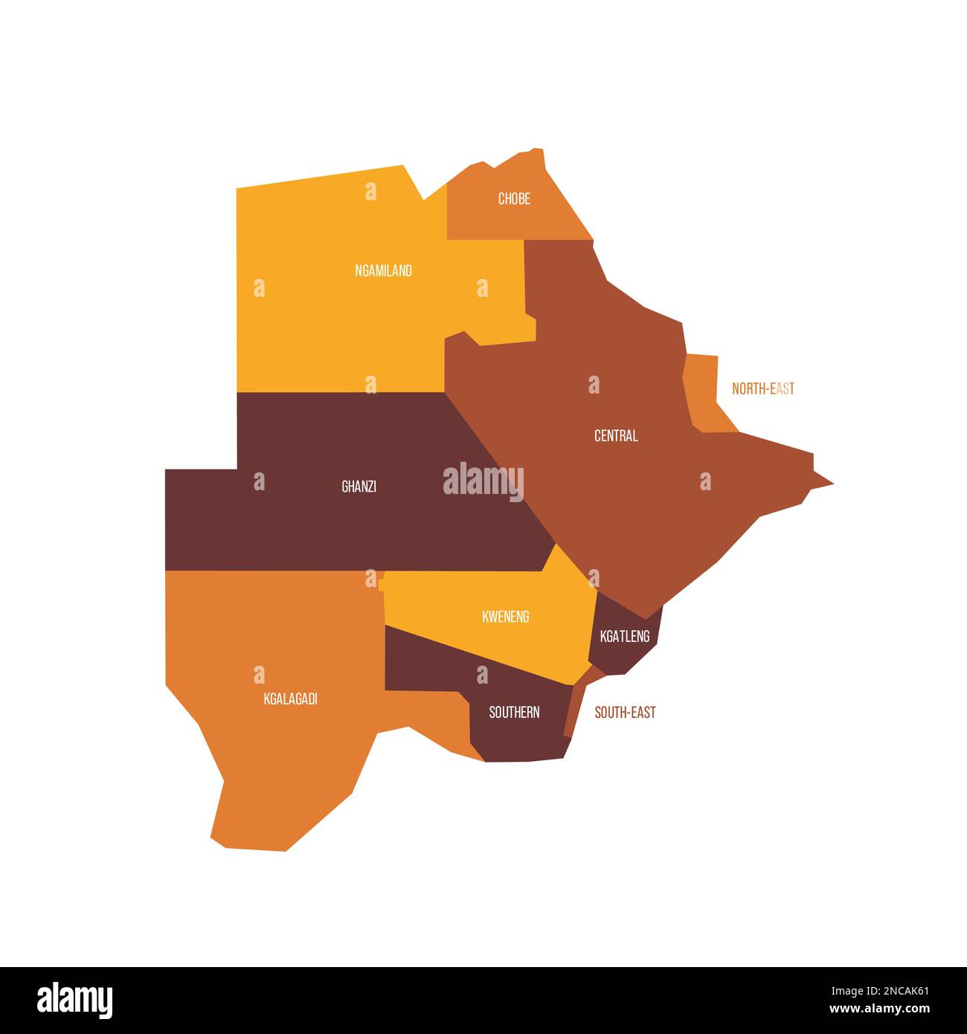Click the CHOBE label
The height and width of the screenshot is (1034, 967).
tap(514, 199)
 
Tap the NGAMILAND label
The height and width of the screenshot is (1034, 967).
tap(383, 271)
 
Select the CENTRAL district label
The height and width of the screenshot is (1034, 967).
tap(616, 436)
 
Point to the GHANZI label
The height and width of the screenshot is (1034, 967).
tap(359, 487)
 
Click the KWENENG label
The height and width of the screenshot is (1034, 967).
tap(506, 617)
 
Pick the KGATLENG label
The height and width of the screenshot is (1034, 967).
tap(625, 636)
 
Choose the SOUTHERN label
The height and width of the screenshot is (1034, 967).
tap(514, 713)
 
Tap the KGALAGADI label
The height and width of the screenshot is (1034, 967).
tap(291, 699)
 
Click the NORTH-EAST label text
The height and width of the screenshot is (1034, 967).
tap(763, 388)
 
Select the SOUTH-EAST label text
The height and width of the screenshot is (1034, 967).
tap(625, 713)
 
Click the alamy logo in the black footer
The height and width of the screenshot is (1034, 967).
tap(75, 1000)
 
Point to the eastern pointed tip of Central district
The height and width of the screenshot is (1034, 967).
tap(829, 484)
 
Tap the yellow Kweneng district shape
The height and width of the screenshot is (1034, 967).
tap(521, 640)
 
